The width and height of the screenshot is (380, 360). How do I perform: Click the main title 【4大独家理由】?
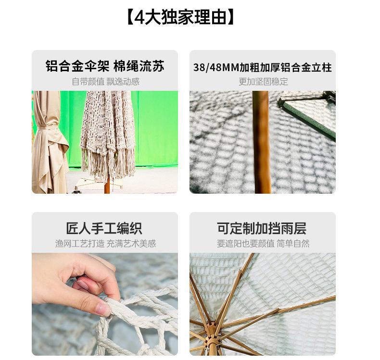tap(180, 17)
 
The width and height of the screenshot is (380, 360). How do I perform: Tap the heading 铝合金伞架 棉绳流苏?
tap(105, 66)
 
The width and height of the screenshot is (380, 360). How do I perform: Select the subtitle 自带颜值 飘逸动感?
tap(106, 82)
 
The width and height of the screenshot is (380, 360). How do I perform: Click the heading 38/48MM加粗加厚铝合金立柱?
tap(263, 67)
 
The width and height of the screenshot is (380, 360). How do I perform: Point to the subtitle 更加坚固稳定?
tap(263, 82)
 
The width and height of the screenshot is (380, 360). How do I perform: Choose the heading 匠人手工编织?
tap(104, 228)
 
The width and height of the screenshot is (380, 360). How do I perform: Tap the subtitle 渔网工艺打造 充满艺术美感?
tap(105, 244)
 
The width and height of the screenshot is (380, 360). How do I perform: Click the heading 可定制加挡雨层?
tap(262, 228)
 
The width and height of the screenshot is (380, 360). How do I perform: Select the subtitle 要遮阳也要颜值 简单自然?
tap(263, 244)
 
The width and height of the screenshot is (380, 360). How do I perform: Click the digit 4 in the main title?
tap(139, 17)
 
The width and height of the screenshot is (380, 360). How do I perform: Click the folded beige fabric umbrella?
tap(49, 142)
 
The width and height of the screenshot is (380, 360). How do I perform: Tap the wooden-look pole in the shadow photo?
tap(262, 142)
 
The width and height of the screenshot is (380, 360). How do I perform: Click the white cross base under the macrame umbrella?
tap(98, 185)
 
